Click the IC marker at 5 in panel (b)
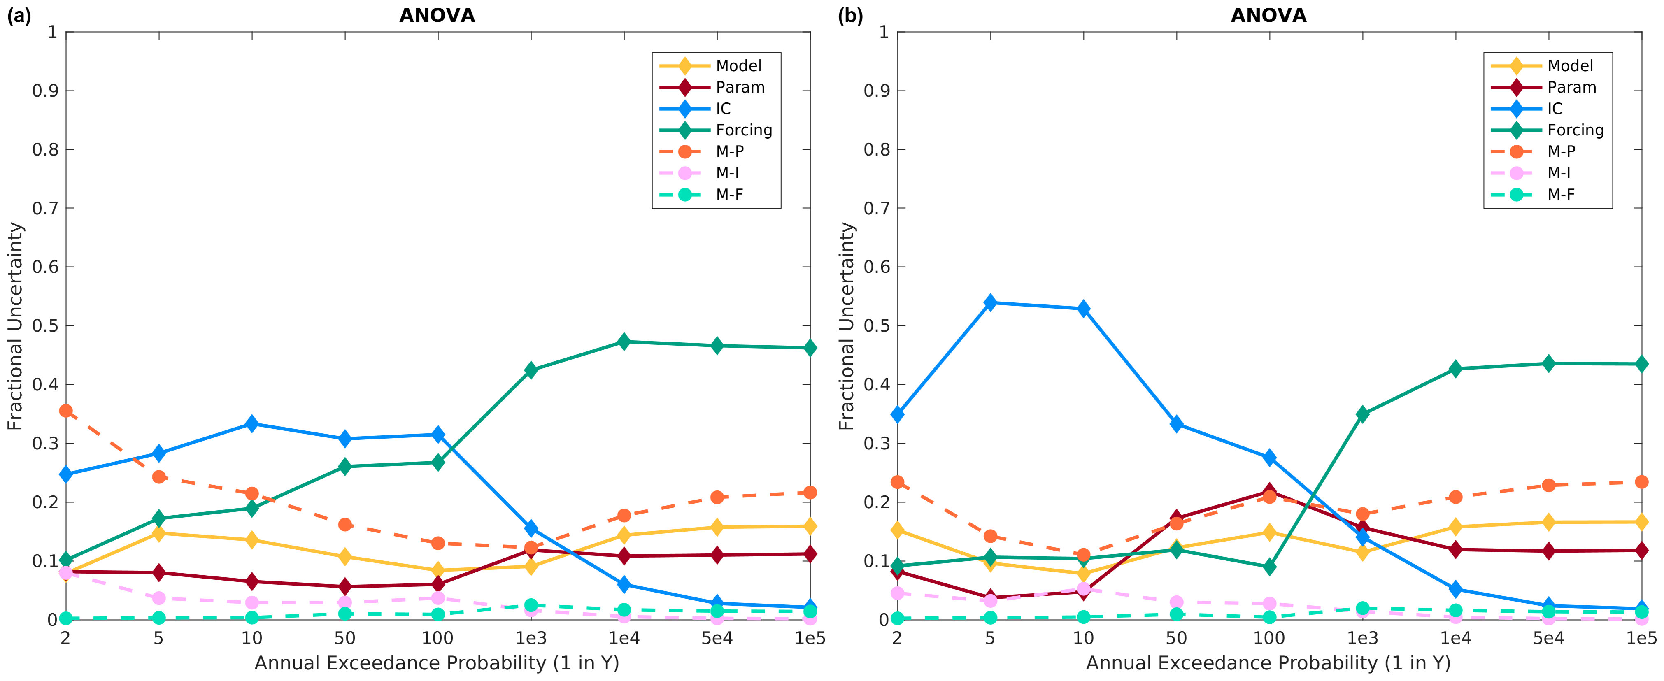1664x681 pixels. pyautogui.click(x=989, y=302)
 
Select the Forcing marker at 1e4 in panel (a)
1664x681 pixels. pyautogui.click(x=624, y=342)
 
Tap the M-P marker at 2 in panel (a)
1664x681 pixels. pyautogui.click(x=66, y=411)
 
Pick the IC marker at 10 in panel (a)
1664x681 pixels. pyautogui.click(x=252, y=424)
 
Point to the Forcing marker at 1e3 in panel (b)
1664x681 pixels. pyautogui.click(x=1362, y=414)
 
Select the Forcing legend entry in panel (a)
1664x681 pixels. pyautogui.click(x=743, y=130)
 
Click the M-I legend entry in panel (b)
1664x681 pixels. pyautogui.click(x=1559, y=172)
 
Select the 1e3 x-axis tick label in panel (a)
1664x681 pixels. pyautogui.click(x=531, y=638)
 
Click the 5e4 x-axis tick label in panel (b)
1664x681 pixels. pyautogui.click(x=1548, y=638)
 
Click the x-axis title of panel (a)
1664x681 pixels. pyautogui.click(x=438, y=663)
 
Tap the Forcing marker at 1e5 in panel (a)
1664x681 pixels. pyautogui.click(x=810, y=348)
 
